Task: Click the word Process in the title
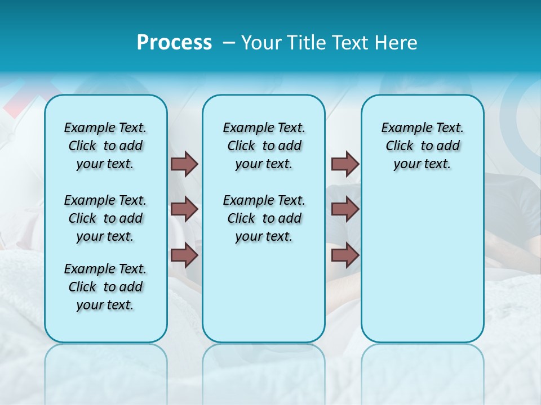click(x=174, y=43)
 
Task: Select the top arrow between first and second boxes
click(x=184, y=164)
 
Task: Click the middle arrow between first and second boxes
click(x=184, y=209)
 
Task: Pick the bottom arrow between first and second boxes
click(x=184, y=255)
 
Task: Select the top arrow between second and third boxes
click(x=345, y=164)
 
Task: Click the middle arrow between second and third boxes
click(x=345, y=209)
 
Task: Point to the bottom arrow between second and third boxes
click(x=345, y=255)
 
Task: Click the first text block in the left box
click(x=105, y=146)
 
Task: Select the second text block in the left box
click(x=105, y=218)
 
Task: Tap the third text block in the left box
click(x=105, y=287)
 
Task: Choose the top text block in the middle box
click(x=264, y=146)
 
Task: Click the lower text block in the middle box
click(x=264, y=218)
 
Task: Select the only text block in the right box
click(x=422, y=146)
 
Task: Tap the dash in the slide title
click(x=229, y=43)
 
